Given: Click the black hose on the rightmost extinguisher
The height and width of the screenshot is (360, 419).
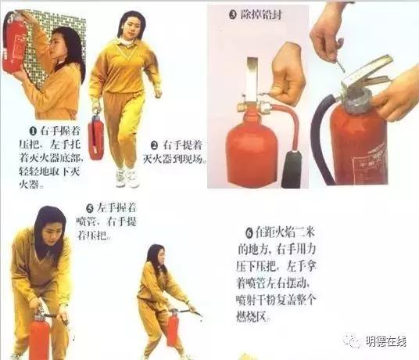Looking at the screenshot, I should tap(320, 141).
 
